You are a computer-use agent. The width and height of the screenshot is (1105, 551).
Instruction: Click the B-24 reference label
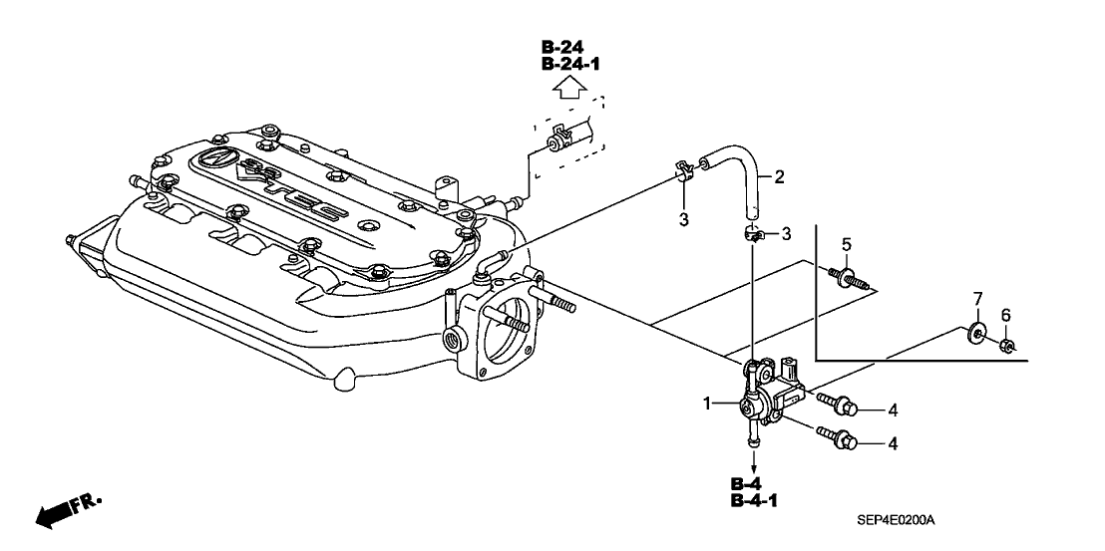pyautogui.click(x=562, y=47)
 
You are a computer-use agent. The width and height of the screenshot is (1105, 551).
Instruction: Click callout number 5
pyautogui.click(x=846, y=244)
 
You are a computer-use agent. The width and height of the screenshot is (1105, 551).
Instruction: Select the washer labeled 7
pyautogui.click(x=976, y=332)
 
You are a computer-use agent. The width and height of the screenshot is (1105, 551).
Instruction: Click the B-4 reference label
pyautogui.click(x=747, y=484)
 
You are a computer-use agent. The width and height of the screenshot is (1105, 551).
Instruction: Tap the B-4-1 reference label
pyautogui.click(x=754, y=501)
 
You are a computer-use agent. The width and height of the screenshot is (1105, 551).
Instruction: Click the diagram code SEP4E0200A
pyautogui.click(x=901, y=521)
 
